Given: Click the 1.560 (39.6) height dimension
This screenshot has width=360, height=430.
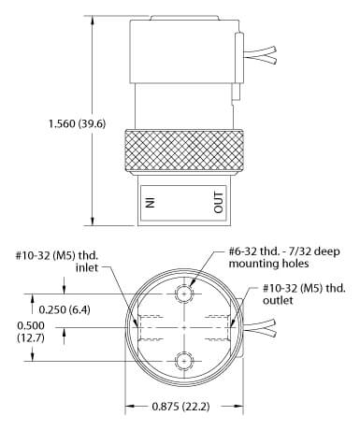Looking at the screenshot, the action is pyautogui.click(x=78, y=123).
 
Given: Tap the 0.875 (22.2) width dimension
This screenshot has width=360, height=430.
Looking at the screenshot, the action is pyautogui.click(x=180, y=407).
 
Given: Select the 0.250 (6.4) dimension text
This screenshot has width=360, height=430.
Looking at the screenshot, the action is pyautogui.click(x=65, y=309).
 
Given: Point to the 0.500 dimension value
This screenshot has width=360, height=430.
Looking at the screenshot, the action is pyautogui.click(x=31, y=325).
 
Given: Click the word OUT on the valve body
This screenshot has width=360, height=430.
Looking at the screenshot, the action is pyautogui.click(x=219, y=203).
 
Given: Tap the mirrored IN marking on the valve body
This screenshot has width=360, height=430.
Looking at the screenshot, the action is pyautogui.click(x=151, y=202).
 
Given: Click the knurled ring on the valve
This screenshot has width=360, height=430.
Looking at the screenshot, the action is pyautogui.click(x=184, y=152).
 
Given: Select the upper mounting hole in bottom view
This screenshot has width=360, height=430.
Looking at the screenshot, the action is pyautogui.click(x=184, y=294).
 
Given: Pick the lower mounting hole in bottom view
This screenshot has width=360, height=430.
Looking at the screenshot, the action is pyautogui.click(x=184, y=362).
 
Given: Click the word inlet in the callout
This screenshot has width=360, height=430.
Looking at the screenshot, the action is pyautogui.click(x=87, y=267).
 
